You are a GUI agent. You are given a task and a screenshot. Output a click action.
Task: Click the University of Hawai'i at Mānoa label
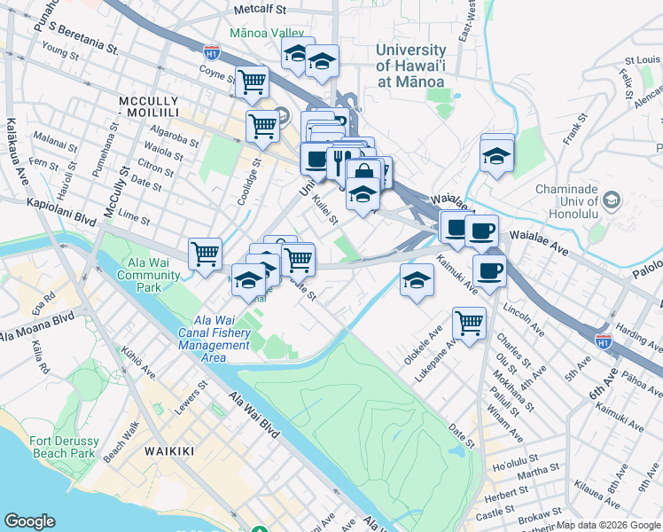(410, 65)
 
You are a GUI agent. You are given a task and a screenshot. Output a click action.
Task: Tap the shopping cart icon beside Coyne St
(253, 82)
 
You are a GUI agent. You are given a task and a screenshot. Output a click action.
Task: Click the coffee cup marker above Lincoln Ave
(489, 270)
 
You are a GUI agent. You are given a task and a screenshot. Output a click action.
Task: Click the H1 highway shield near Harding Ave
(604, 340)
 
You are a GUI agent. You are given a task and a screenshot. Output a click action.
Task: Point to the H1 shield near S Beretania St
(211, 52)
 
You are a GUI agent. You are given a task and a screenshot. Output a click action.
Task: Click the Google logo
(29, 521)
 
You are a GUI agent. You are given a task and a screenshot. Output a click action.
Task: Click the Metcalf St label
(261, 10)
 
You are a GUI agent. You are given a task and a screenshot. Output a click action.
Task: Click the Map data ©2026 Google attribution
(608, 525)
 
